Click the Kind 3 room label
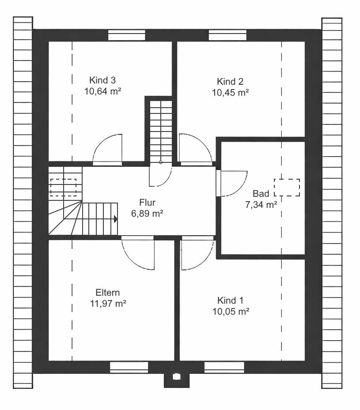tap(102, 80)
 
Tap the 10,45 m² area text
tap(230, 93)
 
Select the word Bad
tap(261, 193)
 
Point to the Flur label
tap(147, 203)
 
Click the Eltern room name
tap(107, 292)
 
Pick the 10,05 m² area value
tap(231, 312)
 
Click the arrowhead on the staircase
tap(116, 219)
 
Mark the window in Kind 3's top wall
tap(127, 35)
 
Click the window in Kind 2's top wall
tap(227, 35)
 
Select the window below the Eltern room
tap(129, 367)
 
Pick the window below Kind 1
tap(224, 367)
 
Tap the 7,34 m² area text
tap(261, 205)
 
